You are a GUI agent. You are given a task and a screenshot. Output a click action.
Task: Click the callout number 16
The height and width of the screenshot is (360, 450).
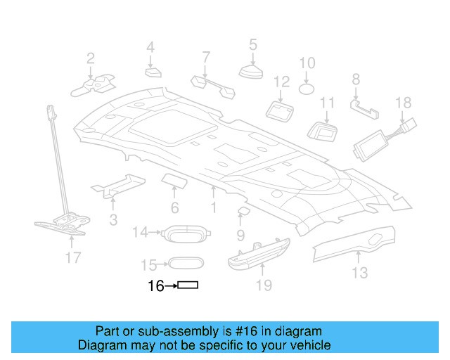155,286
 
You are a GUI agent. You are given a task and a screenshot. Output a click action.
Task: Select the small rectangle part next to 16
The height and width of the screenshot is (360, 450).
188,285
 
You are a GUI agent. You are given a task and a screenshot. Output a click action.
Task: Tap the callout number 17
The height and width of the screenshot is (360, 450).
73,258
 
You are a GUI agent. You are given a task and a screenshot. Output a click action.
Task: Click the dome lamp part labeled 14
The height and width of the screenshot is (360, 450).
186,233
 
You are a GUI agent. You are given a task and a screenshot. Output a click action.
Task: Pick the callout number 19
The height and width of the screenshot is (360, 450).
263,285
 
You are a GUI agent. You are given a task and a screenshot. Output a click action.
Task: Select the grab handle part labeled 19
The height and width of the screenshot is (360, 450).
259,252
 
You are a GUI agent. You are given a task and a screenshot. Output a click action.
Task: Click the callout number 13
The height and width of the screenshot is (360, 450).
359,272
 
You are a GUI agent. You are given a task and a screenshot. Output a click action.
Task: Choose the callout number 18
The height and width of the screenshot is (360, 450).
403,103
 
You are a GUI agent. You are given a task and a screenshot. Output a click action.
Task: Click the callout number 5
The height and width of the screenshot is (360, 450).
252,46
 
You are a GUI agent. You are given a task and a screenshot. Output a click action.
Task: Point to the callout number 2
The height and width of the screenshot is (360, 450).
91,58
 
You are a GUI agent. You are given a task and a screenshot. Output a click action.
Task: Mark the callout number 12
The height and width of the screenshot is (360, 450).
281,82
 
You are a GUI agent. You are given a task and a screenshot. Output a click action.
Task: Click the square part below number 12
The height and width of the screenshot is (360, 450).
281,109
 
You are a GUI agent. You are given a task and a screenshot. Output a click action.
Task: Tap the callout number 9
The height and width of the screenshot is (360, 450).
240,235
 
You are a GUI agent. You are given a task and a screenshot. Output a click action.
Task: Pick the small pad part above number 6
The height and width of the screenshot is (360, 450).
174,181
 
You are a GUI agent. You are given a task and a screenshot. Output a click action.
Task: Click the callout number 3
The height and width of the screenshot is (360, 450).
113,221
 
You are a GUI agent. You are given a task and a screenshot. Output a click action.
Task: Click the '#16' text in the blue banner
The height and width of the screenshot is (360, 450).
238,331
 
